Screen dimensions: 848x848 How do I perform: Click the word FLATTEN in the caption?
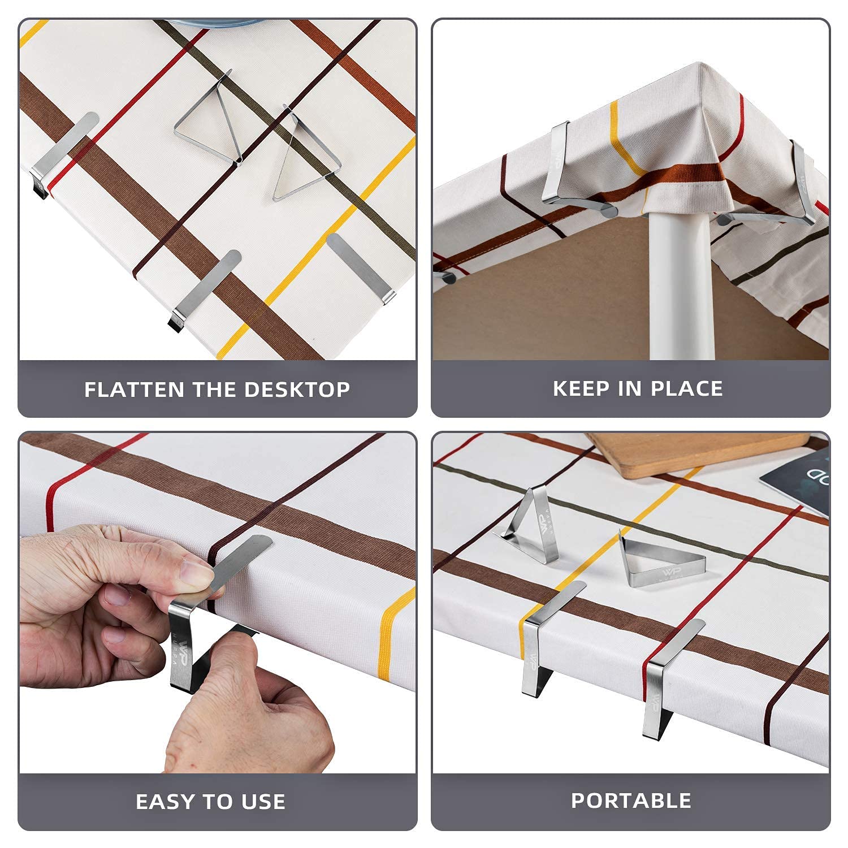[x=135, y=390]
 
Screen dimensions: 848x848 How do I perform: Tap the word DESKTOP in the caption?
[x=297, y=390]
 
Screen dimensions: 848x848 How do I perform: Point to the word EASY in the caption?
[x=164, y=802]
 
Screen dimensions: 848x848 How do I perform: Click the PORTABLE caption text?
[x=631, y=801]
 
